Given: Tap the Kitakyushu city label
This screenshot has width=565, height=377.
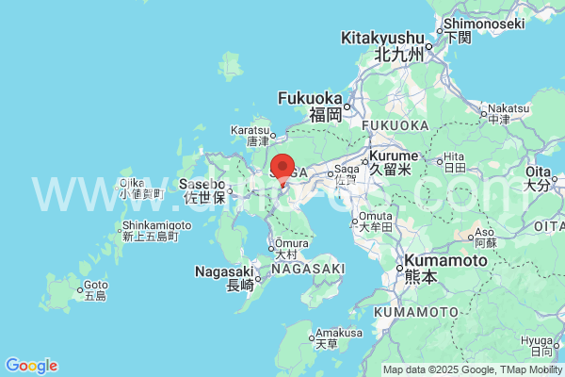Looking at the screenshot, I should [382, 38].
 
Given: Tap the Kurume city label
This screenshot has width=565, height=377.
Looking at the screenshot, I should [389, 156].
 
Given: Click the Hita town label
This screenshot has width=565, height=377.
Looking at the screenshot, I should [455, 156].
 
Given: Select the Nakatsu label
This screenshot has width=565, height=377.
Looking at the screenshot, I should [509, 108].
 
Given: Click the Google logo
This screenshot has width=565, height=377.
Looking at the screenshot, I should [31, 366].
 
